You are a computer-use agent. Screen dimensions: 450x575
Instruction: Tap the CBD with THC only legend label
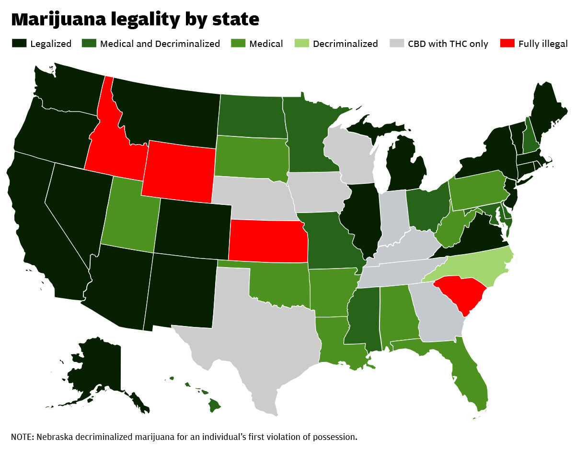[x=448, y=44]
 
